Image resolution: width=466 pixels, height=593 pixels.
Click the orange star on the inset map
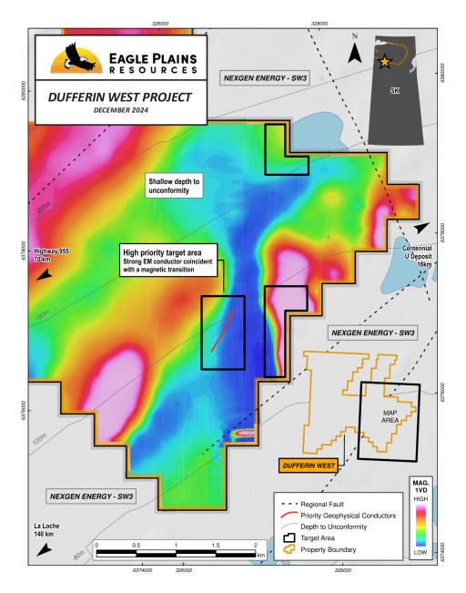coord(384,61)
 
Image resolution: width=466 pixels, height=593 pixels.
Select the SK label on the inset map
coord(393,91)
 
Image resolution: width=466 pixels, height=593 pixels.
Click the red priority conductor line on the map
coord(223,330)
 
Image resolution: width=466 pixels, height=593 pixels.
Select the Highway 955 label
coord(51,255)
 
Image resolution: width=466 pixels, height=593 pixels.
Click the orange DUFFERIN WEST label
coord(307,465)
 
